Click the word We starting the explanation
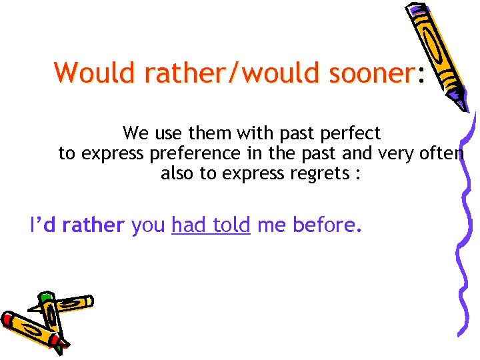pyautogui.click(x=136, y=133)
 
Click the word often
pyautogui.click(x=440, y=154)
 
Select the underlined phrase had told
pyautogui.click(x=211, y=226)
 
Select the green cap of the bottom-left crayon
pyautogui.click(x=46, y=297)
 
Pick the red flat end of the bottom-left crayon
pyautogui.click(x=8, y=321)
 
